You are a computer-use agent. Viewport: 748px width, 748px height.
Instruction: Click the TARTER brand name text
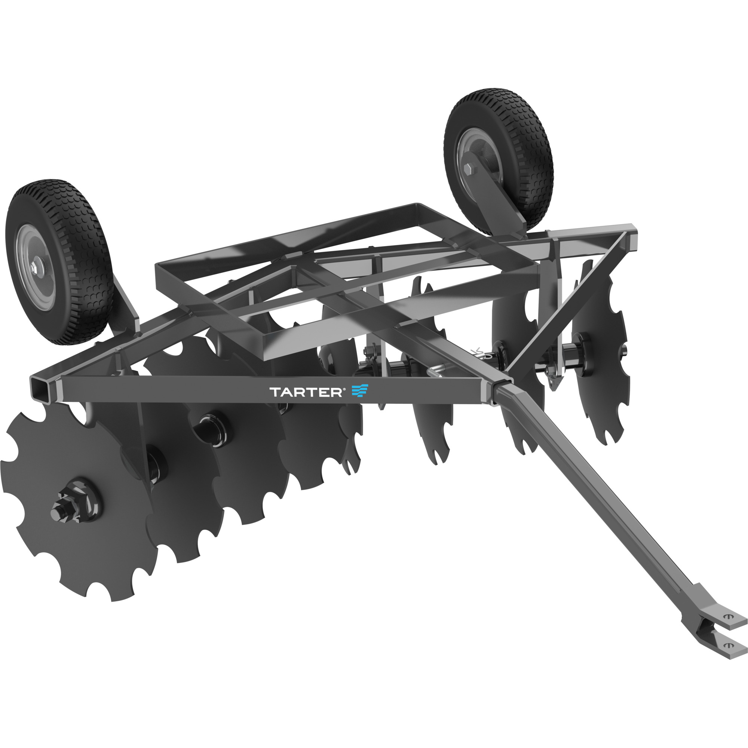tap(305, 392)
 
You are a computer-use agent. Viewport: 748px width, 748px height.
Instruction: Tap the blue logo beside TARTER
tap(360, 391)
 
